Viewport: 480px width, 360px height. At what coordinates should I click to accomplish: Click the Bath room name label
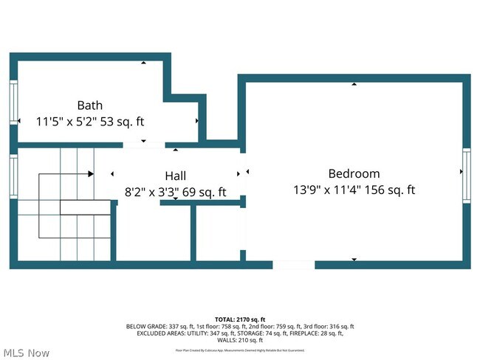tap(89, 105)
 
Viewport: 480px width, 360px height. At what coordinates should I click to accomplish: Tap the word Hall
tap(175, 176)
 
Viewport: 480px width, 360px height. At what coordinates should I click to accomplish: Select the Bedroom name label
tap(354, 173)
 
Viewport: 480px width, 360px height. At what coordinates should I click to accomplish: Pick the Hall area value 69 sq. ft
tap(200, 192)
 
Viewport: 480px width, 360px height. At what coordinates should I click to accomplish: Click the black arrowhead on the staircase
tap(90, 174)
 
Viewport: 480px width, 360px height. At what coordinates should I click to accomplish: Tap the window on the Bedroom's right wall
tap(466, 173)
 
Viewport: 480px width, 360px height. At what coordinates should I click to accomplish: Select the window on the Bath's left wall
tap(13, 102)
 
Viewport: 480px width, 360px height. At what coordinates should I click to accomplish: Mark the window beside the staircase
tap(13, 176)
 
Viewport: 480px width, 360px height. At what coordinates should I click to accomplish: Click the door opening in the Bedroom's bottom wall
tap(294, 265)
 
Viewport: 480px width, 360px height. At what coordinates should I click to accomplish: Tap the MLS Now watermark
tap(26, 353)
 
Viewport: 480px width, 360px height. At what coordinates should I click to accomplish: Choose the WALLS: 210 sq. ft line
tap(240, 340)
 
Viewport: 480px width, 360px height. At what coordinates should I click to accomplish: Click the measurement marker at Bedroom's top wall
tap(354, 84)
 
